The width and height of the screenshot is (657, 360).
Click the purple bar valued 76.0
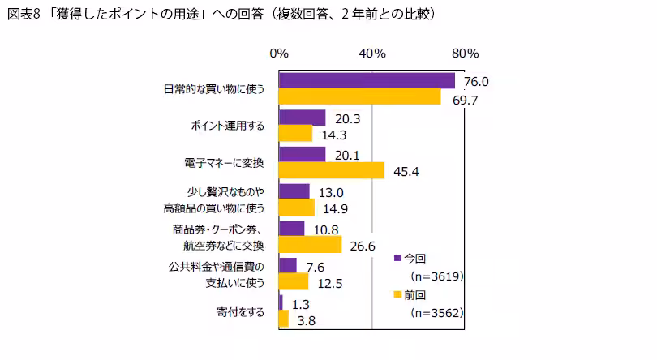point(367,80)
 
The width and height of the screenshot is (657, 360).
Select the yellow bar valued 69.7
point(359,96)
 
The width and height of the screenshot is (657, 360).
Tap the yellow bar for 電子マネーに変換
point(331,170)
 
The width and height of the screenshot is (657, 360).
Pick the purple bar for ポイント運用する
point(302,118)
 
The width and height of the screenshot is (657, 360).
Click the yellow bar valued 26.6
point(310,244)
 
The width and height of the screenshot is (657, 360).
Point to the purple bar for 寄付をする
point(281,303)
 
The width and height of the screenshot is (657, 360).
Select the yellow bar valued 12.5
point(294,281)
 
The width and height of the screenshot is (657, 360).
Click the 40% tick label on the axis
point(371,54)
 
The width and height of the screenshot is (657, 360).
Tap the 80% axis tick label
point(466,54)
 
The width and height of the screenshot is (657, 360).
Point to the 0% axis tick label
point(279,54)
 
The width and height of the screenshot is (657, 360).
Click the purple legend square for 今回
point(397,258)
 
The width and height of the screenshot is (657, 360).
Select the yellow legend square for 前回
point(397,294)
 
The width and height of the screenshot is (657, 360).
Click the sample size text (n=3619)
point(436,276)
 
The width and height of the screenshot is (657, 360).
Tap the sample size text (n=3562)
point(436,312)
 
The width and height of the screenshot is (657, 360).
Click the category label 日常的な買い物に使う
point(214,88)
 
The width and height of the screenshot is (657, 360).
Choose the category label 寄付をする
point(240,311)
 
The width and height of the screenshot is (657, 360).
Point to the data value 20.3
point(347,118)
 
